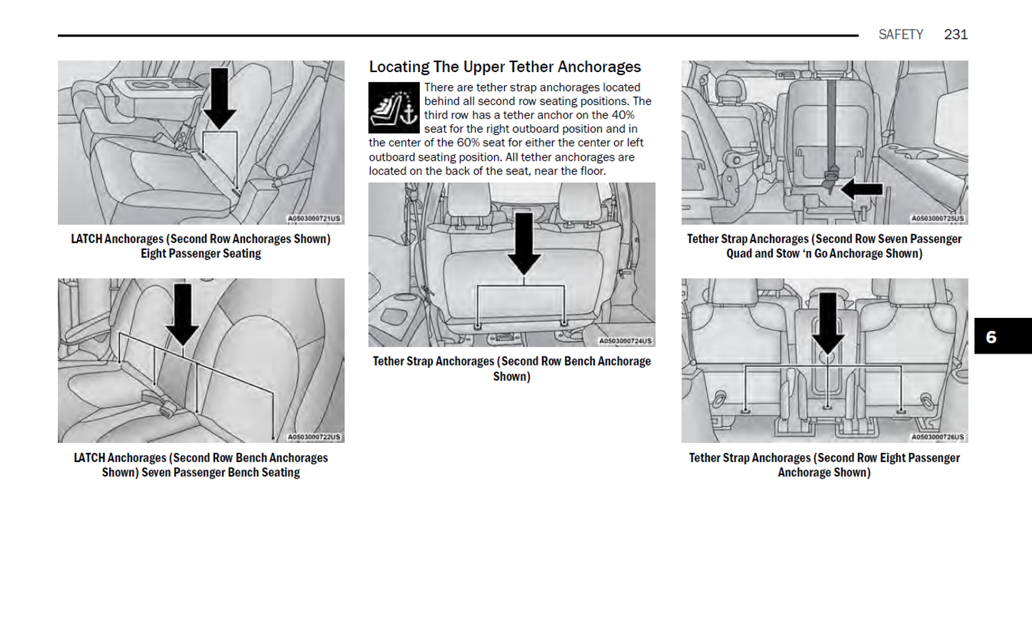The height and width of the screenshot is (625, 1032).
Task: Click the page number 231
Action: [955, 34]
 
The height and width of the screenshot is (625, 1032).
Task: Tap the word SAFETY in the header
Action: [900, 34]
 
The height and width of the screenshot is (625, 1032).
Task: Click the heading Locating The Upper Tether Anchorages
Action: [504, 67]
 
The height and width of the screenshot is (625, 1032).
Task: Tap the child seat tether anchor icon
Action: [394, 108]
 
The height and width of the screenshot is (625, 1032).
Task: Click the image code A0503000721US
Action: [314, 219]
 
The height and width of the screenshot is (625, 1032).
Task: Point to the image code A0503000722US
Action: [314, 437]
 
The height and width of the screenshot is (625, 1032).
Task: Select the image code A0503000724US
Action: [625, 341]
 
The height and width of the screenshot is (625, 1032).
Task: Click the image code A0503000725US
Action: [937, 219]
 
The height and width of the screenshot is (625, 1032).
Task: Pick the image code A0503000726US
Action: [937, 437]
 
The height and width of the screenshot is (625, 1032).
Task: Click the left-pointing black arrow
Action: [862, 189]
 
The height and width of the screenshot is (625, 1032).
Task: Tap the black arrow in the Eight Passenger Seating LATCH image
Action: [219, 99]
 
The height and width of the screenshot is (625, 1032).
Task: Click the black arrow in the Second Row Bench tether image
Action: [523, 243]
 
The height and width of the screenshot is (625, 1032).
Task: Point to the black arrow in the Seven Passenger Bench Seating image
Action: [182, 314]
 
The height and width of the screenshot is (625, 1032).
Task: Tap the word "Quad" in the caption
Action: [739, 254]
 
